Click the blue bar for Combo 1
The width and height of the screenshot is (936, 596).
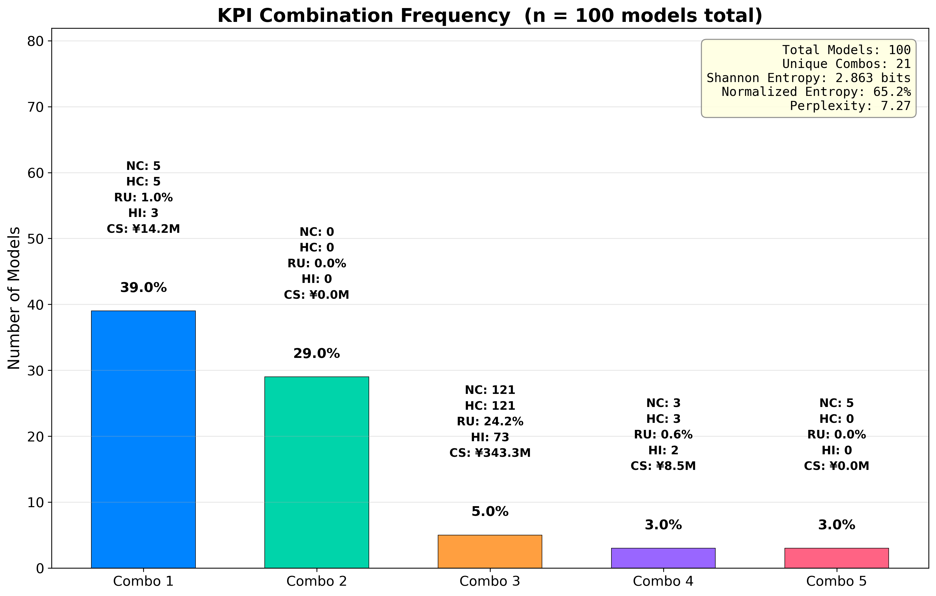click(x=143, y=439)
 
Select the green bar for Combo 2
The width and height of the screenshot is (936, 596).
click(x=317, y=472)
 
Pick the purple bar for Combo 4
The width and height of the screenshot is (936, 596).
click(x=663, y=558)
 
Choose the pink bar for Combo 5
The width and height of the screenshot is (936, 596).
click(x=837, y=558)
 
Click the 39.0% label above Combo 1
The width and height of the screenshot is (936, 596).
click(x=143, y=288)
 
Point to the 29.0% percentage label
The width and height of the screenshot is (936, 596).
click(x=317, y=353)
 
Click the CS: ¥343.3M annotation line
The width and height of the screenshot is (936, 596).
click(x=490, y=453)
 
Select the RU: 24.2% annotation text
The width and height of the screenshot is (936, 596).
click(x=490, y=421)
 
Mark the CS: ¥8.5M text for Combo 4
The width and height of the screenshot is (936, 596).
click(x=663, y=466)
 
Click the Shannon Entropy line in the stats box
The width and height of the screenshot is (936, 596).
click(x=808, y=78)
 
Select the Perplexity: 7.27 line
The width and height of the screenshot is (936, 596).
click(x=850, y=106)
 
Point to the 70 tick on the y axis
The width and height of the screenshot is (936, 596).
click(x=35, y=107)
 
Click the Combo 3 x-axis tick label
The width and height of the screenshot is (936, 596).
click(x=490, y=581)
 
